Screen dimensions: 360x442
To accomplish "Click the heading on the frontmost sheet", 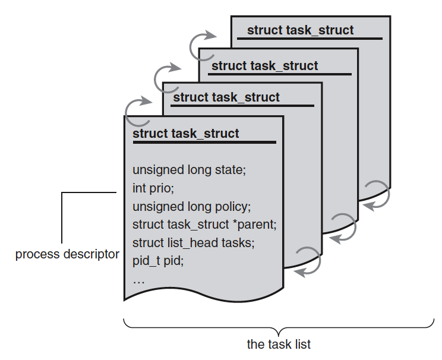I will (x=186, y=133).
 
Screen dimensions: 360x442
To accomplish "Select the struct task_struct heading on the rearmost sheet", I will (x=300, y=30).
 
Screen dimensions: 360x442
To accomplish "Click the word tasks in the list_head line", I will (x=239, y=242).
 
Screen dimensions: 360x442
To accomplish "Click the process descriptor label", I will (x=67, y=255).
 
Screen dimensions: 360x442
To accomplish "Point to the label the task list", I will (x=279, y=344).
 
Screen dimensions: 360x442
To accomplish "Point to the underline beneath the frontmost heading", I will (x=204, y=142).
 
